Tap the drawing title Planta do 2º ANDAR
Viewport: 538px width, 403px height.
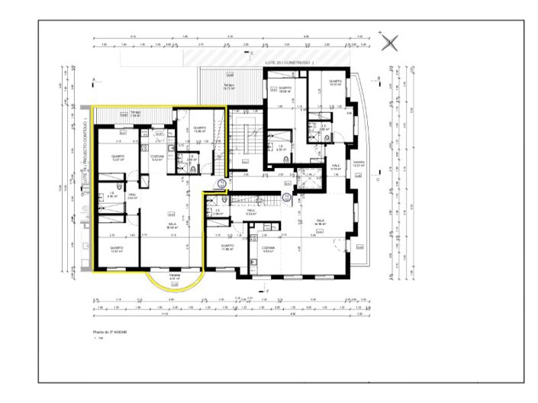[111, 334]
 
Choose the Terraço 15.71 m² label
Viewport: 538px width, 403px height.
[228, 86]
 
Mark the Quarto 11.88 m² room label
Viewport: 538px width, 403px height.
[227, 248]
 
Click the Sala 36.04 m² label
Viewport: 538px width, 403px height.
[172, 226]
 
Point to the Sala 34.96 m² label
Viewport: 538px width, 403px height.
[322, 222]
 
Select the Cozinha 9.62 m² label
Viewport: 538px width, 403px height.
[156, 158]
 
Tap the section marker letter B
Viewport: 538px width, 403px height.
[378, 78]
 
